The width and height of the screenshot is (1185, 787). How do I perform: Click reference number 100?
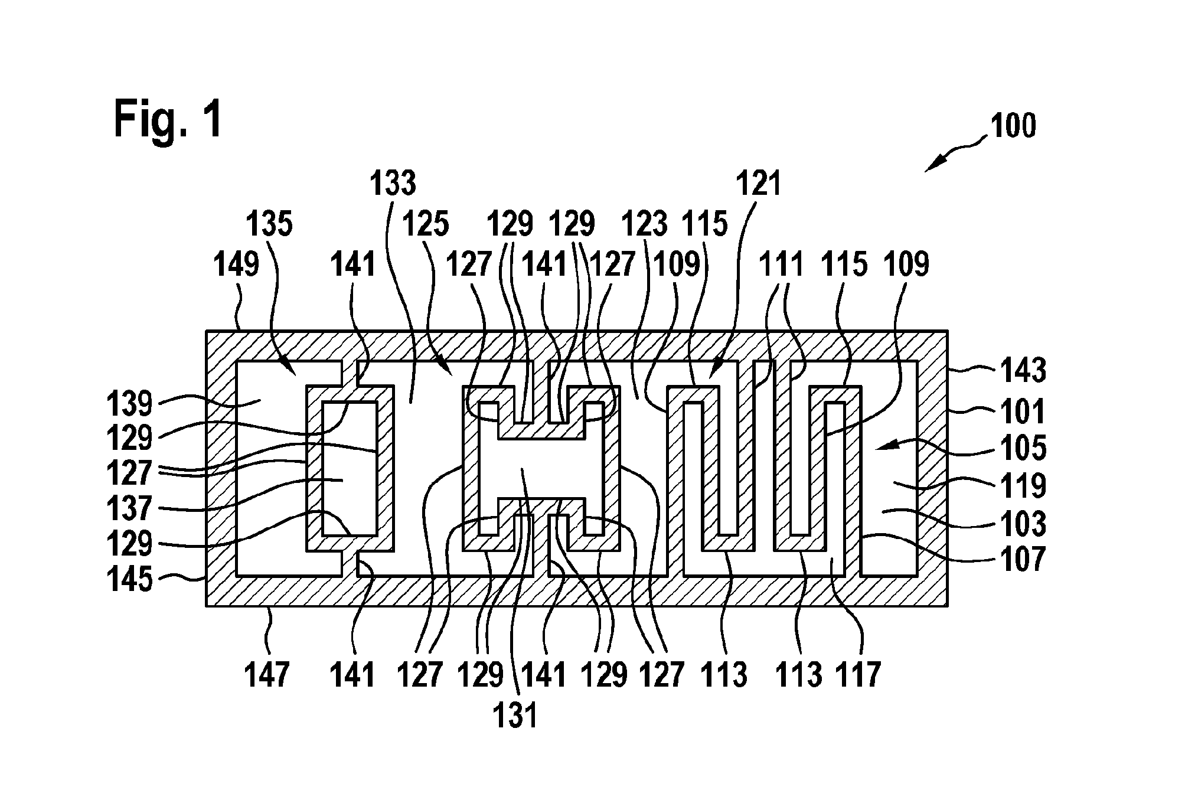point(1013,126)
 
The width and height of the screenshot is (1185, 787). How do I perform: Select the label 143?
point(1023,370)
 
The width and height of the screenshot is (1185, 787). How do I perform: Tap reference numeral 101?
point(1023,412)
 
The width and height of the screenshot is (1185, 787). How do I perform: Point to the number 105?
point(1023,448)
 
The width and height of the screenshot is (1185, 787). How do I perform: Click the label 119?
point(1023,486)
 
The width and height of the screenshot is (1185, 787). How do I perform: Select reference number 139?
point(130,404)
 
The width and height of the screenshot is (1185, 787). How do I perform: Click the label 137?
point(130,508)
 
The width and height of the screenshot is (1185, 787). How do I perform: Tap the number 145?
point(130,579)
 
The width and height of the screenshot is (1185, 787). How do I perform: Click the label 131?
point(515,715)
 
